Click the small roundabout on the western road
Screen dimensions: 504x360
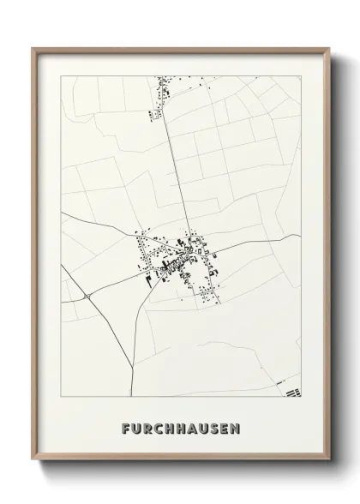tap(87, 296)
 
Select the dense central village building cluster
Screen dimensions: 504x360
tap(176, 259)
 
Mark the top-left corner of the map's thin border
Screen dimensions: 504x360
tap(62, 76)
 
